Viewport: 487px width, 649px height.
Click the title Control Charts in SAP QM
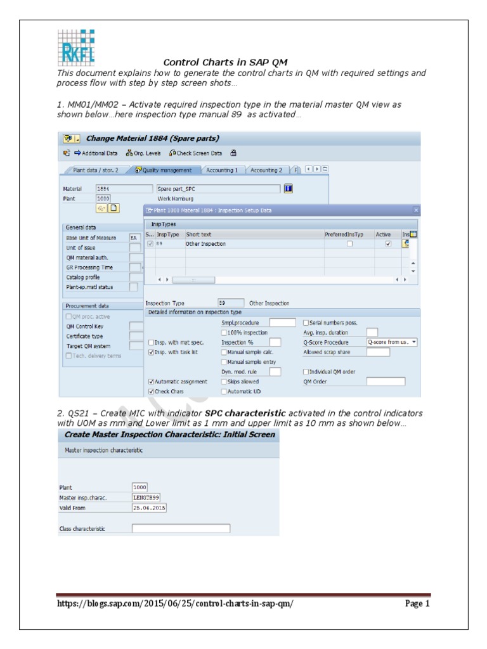click(x=226, y=62)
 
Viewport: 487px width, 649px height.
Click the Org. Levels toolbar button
click(x=143, y=153)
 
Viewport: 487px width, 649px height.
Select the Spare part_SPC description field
click(x=217, y=188)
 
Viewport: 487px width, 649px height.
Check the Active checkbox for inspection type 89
click(x=387, y=244)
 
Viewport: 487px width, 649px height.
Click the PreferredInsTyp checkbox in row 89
click(x=349, y=244)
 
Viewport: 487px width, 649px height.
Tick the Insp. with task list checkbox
click(x=151, y=352)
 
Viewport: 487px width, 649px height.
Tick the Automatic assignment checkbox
click(x=151, y=382)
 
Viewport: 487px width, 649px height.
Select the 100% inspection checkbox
click(x=224, y=332)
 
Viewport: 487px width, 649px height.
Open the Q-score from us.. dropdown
click(x=392, y=342)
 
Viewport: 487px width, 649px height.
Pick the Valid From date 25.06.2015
click(x=149, y=508)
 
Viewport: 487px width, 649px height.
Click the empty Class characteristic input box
click(x=181, y=528)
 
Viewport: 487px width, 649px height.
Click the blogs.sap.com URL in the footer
click(x=175, y=603)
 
